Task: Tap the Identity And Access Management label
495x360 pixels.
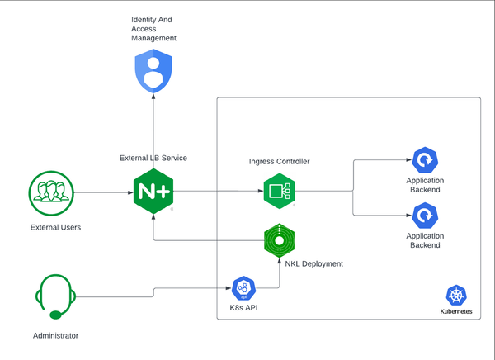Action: point(153,29)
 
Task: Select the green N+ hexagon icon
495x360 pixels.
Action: point(153,192)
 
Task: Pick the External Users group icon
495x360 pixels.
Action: point(50,192)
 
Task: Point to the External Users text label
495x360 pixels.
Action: point(55,226)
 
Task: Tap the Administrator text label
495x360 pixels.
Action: point(55,335)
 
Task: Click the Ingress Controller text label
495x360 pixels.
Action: point(279,161)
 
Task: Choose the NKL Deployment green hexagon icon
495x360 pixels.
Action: point(280,240)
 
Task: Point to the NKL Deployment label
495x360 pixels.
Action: point(313,263)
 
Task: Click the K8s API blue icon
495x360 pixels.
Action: point(243,288)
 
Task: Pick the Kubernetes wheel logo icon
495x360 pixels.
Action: point(455,296)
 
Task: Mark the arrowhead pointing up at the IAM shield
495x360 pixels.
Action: point(153,97)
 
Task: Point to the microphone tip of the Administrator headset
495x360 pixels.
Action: point(54,314)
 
